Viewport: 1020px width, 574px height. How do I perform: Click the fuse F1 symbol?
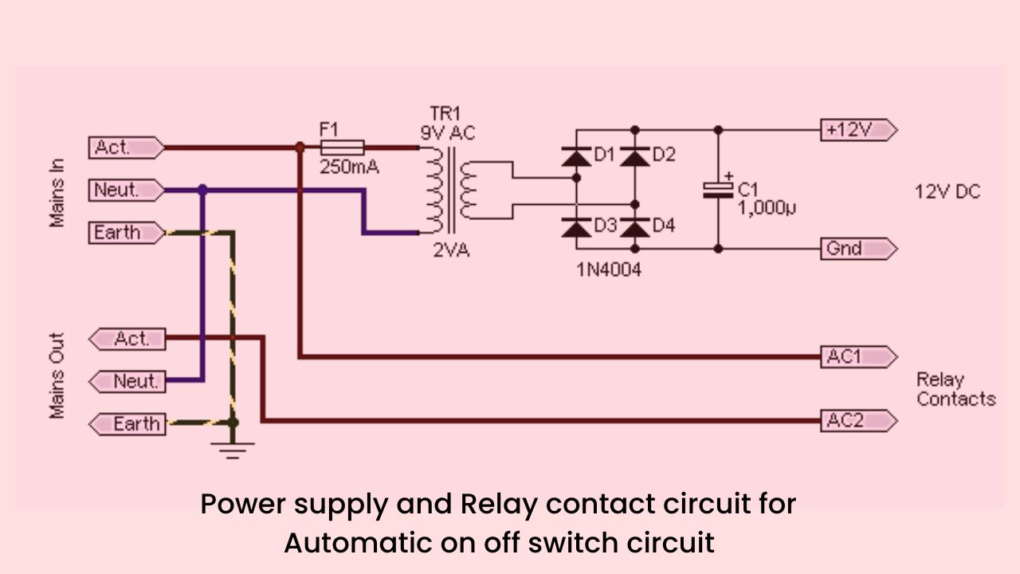point(342,147)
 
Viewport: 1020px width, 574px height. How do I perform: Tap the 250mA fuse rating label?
point(349,168)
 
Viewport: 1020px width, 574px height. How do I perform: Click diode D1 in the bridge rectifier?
point(575,156)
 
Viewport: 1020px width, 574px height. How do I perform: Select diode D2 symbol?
point(635,156)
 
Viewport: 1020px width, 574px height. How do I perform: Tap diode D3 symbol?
point(575,227)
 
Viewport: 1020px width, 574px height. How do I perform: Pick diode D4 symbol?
point(635,227)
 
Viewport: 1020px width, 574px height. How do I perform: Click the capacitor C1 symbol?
point(718,190)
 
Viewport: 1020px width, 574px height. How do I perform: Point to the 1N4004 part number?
point(609,269)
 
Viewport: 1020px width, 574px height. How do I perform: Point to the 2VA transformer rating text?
point(451,250)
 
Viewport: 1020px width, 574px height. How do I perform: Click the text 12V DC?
point(947,192)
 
